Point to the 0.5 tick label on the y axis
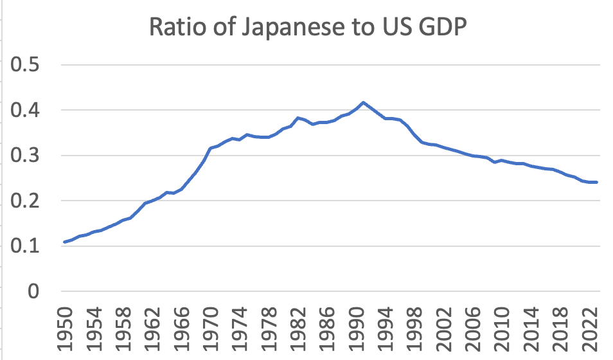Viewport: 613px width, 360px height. point(26,66)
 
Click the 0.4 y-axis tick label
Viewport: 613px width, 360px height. point(26,111)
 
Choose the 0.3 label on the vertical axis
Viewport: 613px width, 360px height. point(26,156)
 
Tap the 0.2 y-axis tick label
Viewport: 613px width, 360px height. point(26,201)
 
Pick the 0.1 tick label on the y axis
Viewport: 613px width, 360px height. point(26,246)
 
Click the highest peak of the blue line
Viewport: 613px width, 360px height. point(364,102)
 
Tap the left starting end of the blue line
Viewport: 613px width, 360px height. point(64,242)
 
